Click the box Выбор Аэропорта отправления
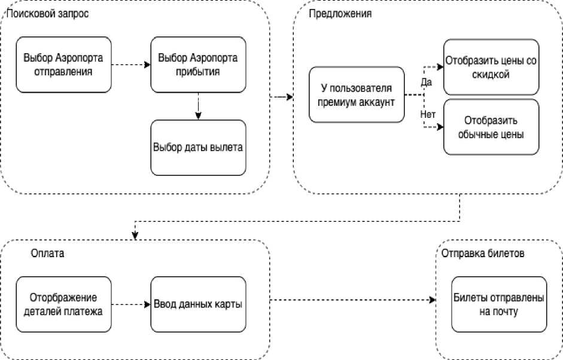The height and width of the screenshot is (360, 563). [63, 65]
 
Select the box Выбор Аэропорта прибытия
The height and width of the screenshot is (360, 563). [198, 65]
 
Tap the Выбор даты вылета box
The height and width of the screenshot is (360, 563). [198, 147]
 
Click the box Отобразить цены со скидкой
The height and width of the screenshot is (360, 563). [491, 68]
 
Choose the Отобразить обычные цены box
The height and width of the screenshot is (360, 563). [491, 127]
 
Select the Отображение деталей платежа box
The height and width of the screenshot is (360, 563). [63, 304]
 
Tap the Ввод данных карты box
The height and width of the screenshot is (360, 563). [198, 304]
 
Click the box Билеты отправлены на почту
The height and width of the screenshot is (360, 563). [498, 304]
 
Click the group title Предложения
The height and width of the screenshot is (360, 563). [341, 13]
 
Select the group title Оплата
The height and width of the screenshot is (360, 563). [47, 253]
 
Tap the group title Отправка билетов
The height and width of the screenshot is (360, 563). [483, 253]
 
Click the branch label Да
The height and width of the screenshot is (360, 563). [426, 83]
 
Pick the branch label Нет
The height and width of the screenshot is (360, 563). [427, 113]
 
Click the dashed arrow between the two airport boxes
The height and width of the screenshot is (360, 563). [130, 65]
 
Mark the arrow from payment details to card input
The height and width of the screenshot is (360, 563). [130, 304]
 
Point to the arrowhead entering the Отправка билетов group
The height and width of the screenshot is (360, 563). [432, 300]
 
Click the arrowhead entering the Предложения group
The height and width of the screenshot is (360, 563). [290, 96]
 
